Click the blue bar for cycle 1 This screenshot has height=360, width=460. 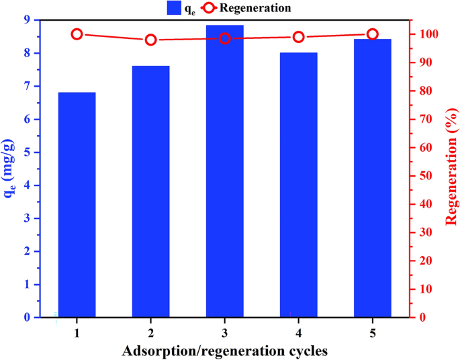(77, 205)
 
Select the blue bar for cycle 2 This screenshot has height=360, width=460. (150, 191)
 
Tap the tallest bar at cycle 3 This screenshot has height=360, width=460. (224, 171)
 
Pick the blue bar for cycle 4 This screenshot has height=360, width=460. (298, 185)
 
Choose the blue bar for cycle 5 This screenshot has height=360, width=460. (372, 178)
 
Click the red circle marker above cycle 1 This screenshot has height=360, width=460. (77, 34)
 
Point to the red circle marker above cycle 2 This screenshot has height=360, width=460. (151, 40)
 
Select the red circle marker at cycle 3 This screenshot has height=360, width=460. (225, 38)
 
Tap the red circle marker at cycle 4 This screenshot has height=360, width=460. (299, 37)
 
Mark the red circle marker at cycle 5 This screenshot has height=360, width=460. (373, 34)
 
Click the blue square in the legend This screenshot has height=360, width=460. (174, 8)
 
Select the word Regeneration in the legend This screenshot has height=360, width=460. (255, 8)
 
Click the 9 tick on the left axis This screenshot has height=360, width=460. (28, 20)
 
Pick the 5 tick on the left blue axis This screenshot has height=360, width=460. (28, 152)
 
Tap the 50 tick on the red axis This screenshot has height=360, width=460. (421, 176)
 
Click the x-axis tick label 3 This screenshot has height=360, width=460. (225, 333)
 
